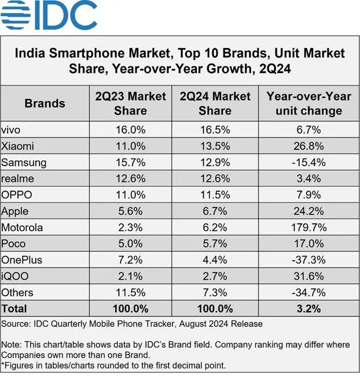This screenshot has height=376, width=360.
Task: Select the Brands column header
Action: [x=45, y=104]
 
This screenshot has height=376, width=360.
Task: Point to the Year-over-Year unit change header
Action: [x=308, y=103]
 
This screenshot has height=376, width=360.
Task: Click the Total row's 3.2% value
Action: [x=308, y=308]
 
